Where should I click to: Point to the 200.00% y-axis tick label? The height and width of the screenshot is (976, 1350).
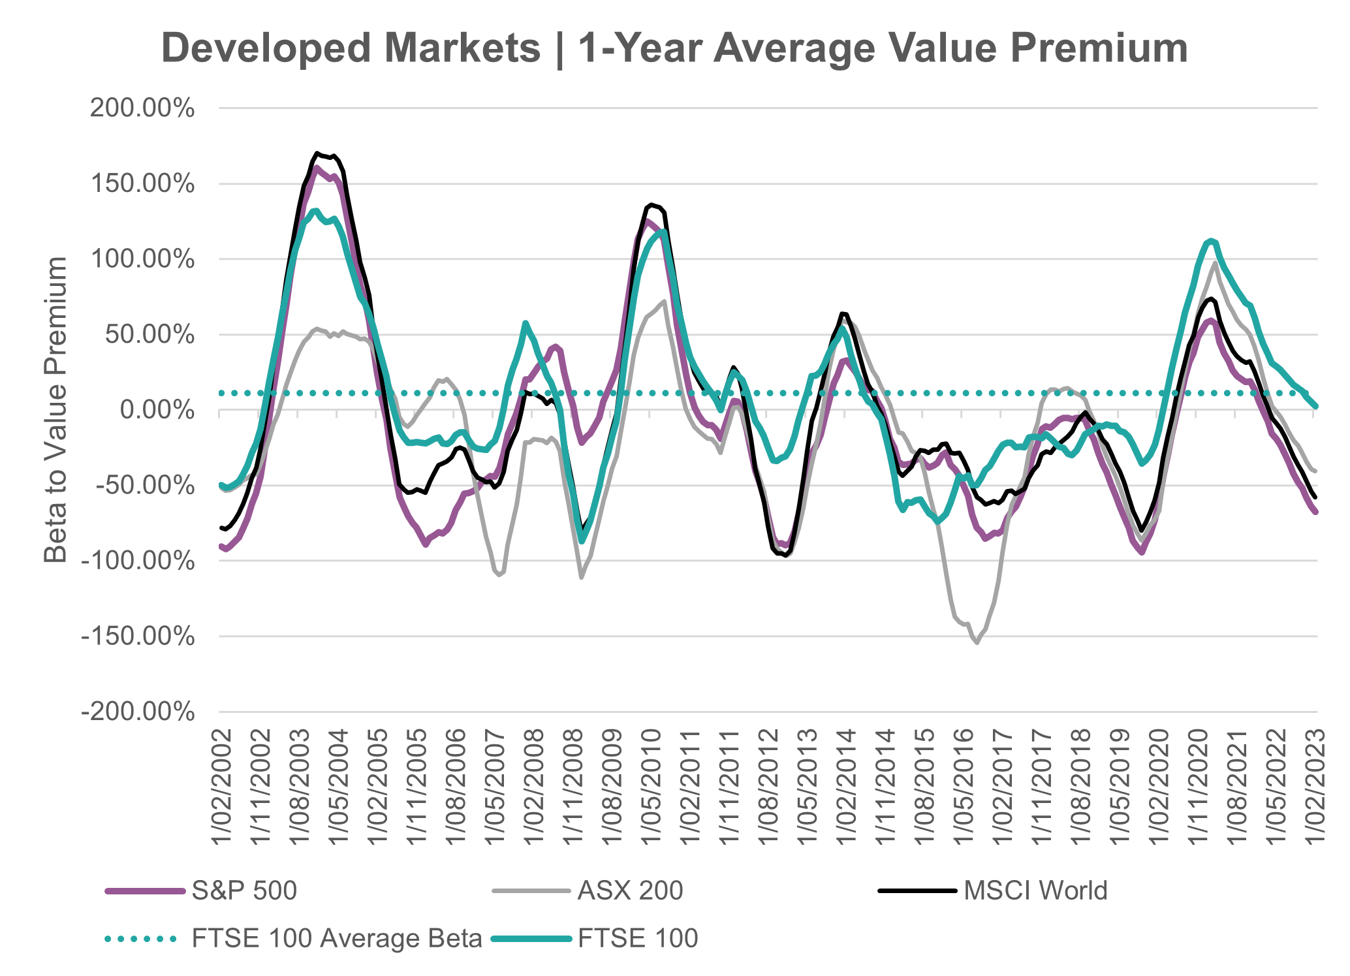tap(142, 108)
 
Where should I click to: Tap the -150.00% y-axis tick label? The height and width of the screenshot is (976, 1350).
tap(138, 637)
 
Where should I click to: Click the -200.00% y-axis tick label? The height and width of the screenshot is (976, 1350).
tap(138, 712)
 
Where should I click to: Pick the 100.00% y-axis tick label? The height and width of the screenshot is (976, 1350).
tap(142, 259)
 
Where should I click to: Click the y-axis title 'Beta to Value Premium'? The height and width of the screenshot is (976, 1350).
tap(56, 409)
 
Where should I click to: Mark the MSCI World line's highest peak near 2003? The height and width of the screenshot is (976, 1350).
tap(317, 153)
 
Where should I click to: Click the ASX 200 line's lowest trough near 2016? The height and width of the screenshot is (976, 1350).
tap(977, 643)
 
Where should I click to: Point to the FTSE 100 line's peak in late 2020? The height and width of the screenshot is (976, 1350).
tap(1212, 240)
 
